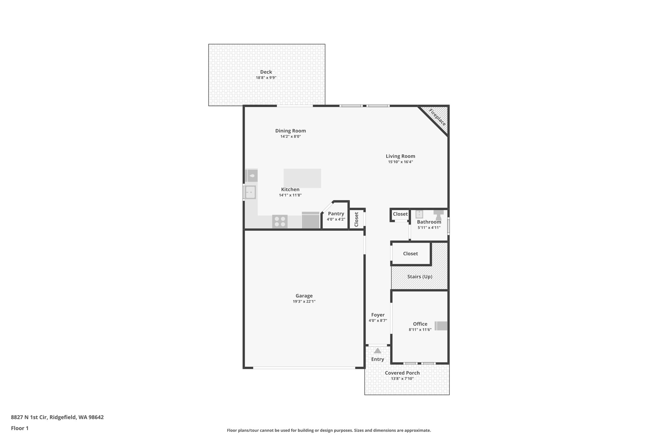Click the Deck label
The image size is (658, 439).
pyautogui.click(x=266, y=72)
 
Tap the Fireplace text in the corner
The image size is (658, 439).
pyautogui.click(x=437, y=118)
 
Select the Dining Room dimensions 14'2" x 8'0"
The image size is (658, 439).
pyautogui.click(x=290, y=136)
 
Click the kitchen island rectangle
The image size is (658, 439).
pyautogui.click(x=302, y=178)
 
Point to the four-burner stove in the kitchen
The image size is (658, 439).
pyautogui.click(x=280, y=222)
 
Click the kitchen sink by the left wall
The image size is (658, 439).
pyautogui.click(x=250, y=192)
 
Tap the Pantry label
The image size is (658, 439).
pyautogui.click(x=336, y=214)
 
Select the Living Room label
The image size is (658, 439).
pyautogui.click(x=400, y=156)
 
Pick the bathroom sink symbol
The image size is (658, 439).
pyautogui.click(x=419, y=214)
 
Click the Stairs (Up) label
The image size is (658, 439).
pyautogui.click(x=420, y=277)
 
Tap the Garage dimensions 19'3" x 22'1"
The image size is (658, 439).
pyautogui.click(x=304, y=301)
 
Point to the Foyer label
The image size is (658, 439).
pyautogui.click(x=378, y=315)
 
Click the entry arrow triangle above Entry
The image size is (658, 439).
pyautogui.click(x=378, y=351)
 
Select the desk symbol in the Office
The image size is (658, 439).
pyautogui.click(x=441, y=326)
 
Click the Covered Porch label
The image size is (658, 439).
pyautogui.click(x=402, y=373)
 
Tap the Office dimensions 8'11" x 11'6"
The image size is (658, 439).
pyautogui.click(x=420, y=330)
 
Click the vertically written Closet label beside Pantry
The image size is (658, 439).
pyautogui.click(x=356, y=219)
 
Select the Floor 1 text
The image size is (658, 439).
pyautogui.click(x=20, y=428)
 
